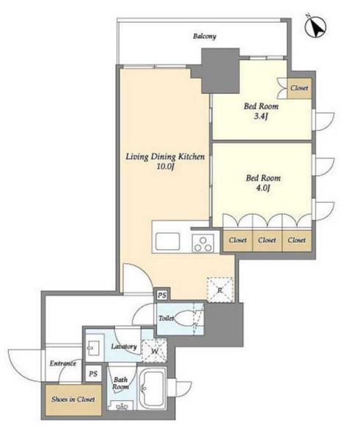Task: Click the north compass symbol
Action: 315,27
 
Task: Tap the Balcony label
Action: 205,36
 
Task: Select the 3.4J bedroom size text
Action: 261,117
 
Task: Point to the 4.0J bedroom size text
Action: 263,188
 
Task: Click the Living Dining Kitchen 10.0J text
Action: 165,161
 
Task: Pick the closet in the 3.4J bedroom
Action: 299,88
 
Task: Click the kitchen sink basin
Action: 167,241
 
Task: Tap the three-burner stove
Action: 203,243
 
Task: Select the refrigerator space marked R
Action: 220,289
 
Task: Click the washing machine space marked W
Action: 155,351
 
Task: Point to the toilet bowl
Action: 185,318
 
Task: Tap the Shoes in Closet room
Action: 73,399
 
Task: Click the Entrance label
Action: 63,363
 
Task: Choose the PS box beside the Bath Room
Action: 93,374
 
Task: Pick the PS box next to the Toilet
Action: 162,295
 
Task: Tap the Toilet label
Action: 166,318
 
